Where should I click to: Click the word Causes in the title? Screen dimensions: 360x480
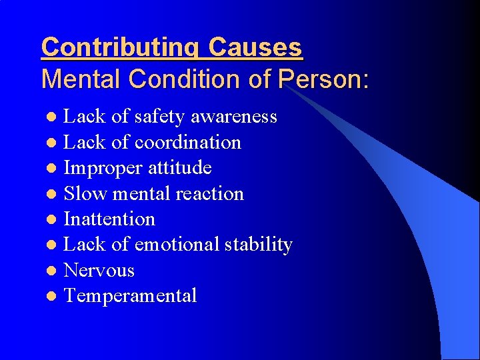pos(255,47)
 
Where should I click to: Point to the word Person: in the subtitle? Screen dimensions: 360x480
pos(323,79)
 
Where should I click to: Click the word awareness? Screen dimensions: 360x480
pos(234,117)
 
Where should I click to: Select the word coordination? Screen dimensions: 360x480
pos(188,142)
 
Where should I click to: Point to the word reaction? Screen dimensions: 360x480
pos(209,193)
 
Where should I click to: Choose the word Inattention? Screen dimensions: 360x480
pos(109,219)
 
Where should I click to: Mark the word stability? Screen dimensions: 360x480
pos(259,245)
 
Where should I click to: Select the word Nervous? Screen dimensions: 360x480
pos(99,271)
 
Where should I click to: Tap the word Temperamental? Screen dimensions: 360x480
pos(130,295)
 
